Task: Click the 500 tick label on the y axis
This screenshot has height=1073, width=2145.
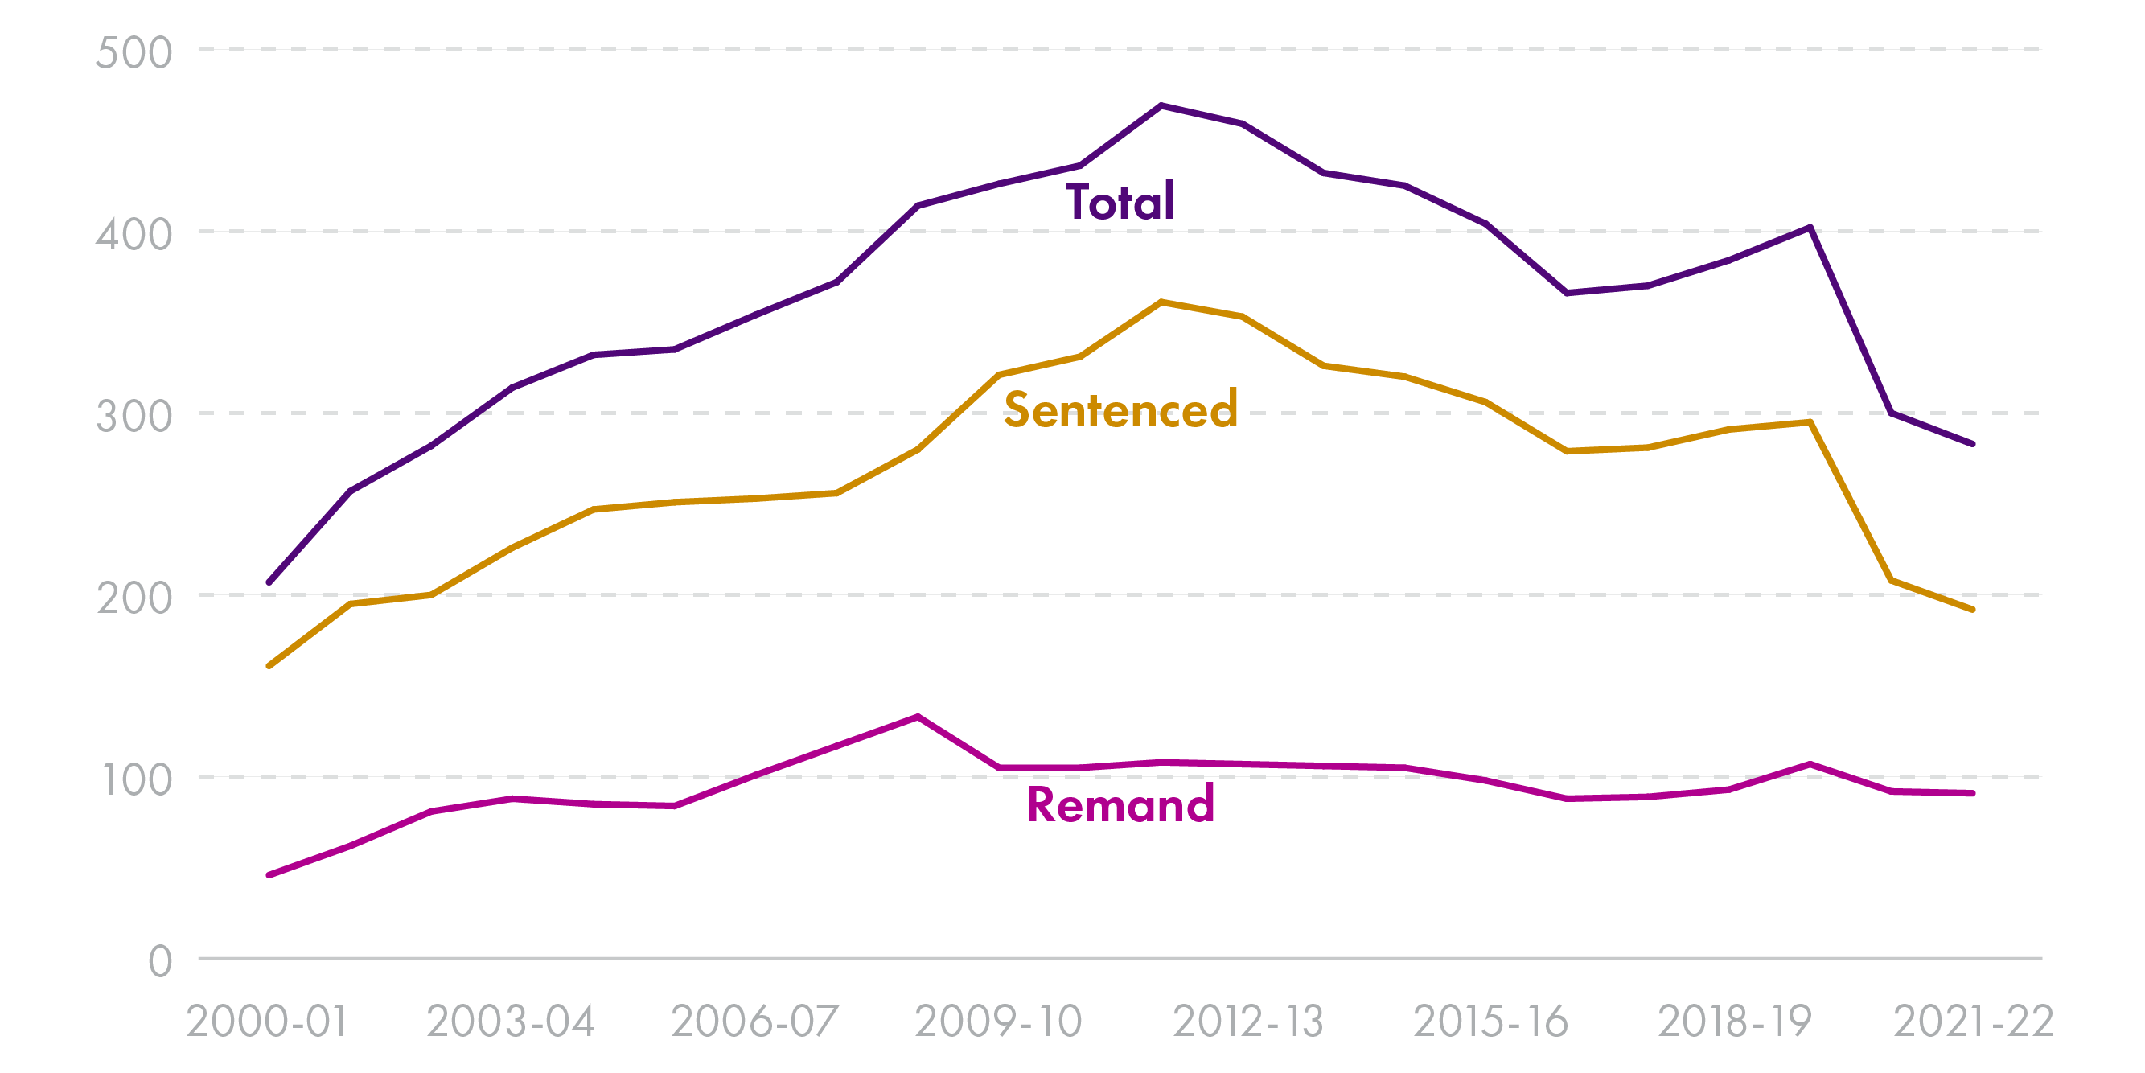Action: tap(134, 51)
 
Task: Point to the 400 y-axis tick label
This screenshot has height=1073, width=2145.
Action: tap(134, 234)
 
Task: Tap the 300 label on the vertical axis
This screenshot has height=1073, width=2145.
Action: tap(134, 416)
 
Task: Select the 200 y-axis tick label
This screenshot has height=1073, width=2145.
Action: tap(134, 598)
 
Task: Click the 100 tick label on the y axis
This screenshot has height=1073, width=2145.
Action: tap(136, 779)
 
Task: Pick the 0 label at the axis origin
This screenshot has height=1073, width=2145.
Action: tap(160, 960)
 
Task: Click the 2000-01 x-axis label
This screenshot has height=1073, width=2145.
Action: tap(266, 1022)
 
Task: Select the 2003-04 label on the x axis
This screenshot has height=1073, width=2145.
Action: tap(511, 1022)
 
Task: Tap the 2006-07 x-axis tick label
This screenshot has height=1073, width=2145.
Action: tap(754, 1022)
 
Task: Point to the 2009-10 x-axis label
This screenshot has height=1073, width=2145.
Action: tap(997, 1022)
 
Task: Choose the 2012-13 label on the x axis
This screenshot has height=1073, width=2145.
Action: tap(1247, 1022)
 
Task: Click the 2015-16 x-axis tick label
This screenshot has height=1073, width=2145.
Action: tap(1490, 1022)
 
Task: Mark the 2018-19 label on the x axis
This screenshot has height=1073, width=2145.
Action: tap(1735, 1022)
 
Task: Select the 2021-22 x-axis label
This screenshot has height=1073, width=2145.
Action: tap(1974, 1022)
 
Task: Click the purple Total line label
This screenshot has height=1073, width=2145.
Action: tap(1120, 202)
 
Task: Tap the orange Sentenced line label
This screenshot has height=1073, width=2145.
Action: tap(1121, 409)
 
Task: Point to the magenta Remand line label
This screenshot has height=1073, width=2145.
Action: tap(1121, 804)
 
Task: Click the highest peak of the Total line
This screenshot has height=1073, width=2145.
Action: tap(1161, 106)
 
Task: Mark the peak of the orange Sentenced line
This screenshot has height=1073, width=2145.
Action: tap(1161, 302)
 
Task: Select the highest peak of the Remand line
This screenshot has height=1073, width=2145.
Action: tap(918, 717)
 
